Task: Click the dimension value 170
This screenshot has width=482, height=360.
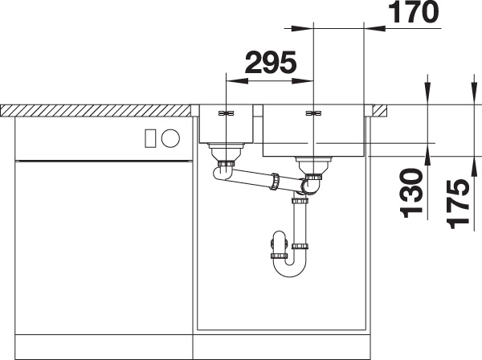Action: (x=414, y=12)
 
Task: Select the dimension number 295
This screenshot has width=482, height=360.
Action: (x=271, y=63)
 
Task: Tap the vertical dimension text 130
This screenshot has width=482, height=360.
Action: (x=411, y=193)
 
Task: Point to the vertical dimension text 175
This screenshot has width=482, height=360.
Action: (x=458, y=204)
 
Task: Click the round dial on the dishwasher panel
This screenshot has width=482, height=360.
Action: (x=170, y=137)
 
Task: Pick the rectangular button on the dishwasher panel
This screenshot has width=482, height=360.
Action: (x=150, y=138)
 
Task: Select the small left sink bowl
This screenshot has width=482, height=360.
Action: (x=226, y=124)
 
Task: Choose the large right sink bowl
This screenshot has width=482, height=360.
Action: (x=313, y=131)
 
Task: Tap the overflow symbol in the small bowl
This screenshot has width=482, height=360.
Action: (x=226, y=113)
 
